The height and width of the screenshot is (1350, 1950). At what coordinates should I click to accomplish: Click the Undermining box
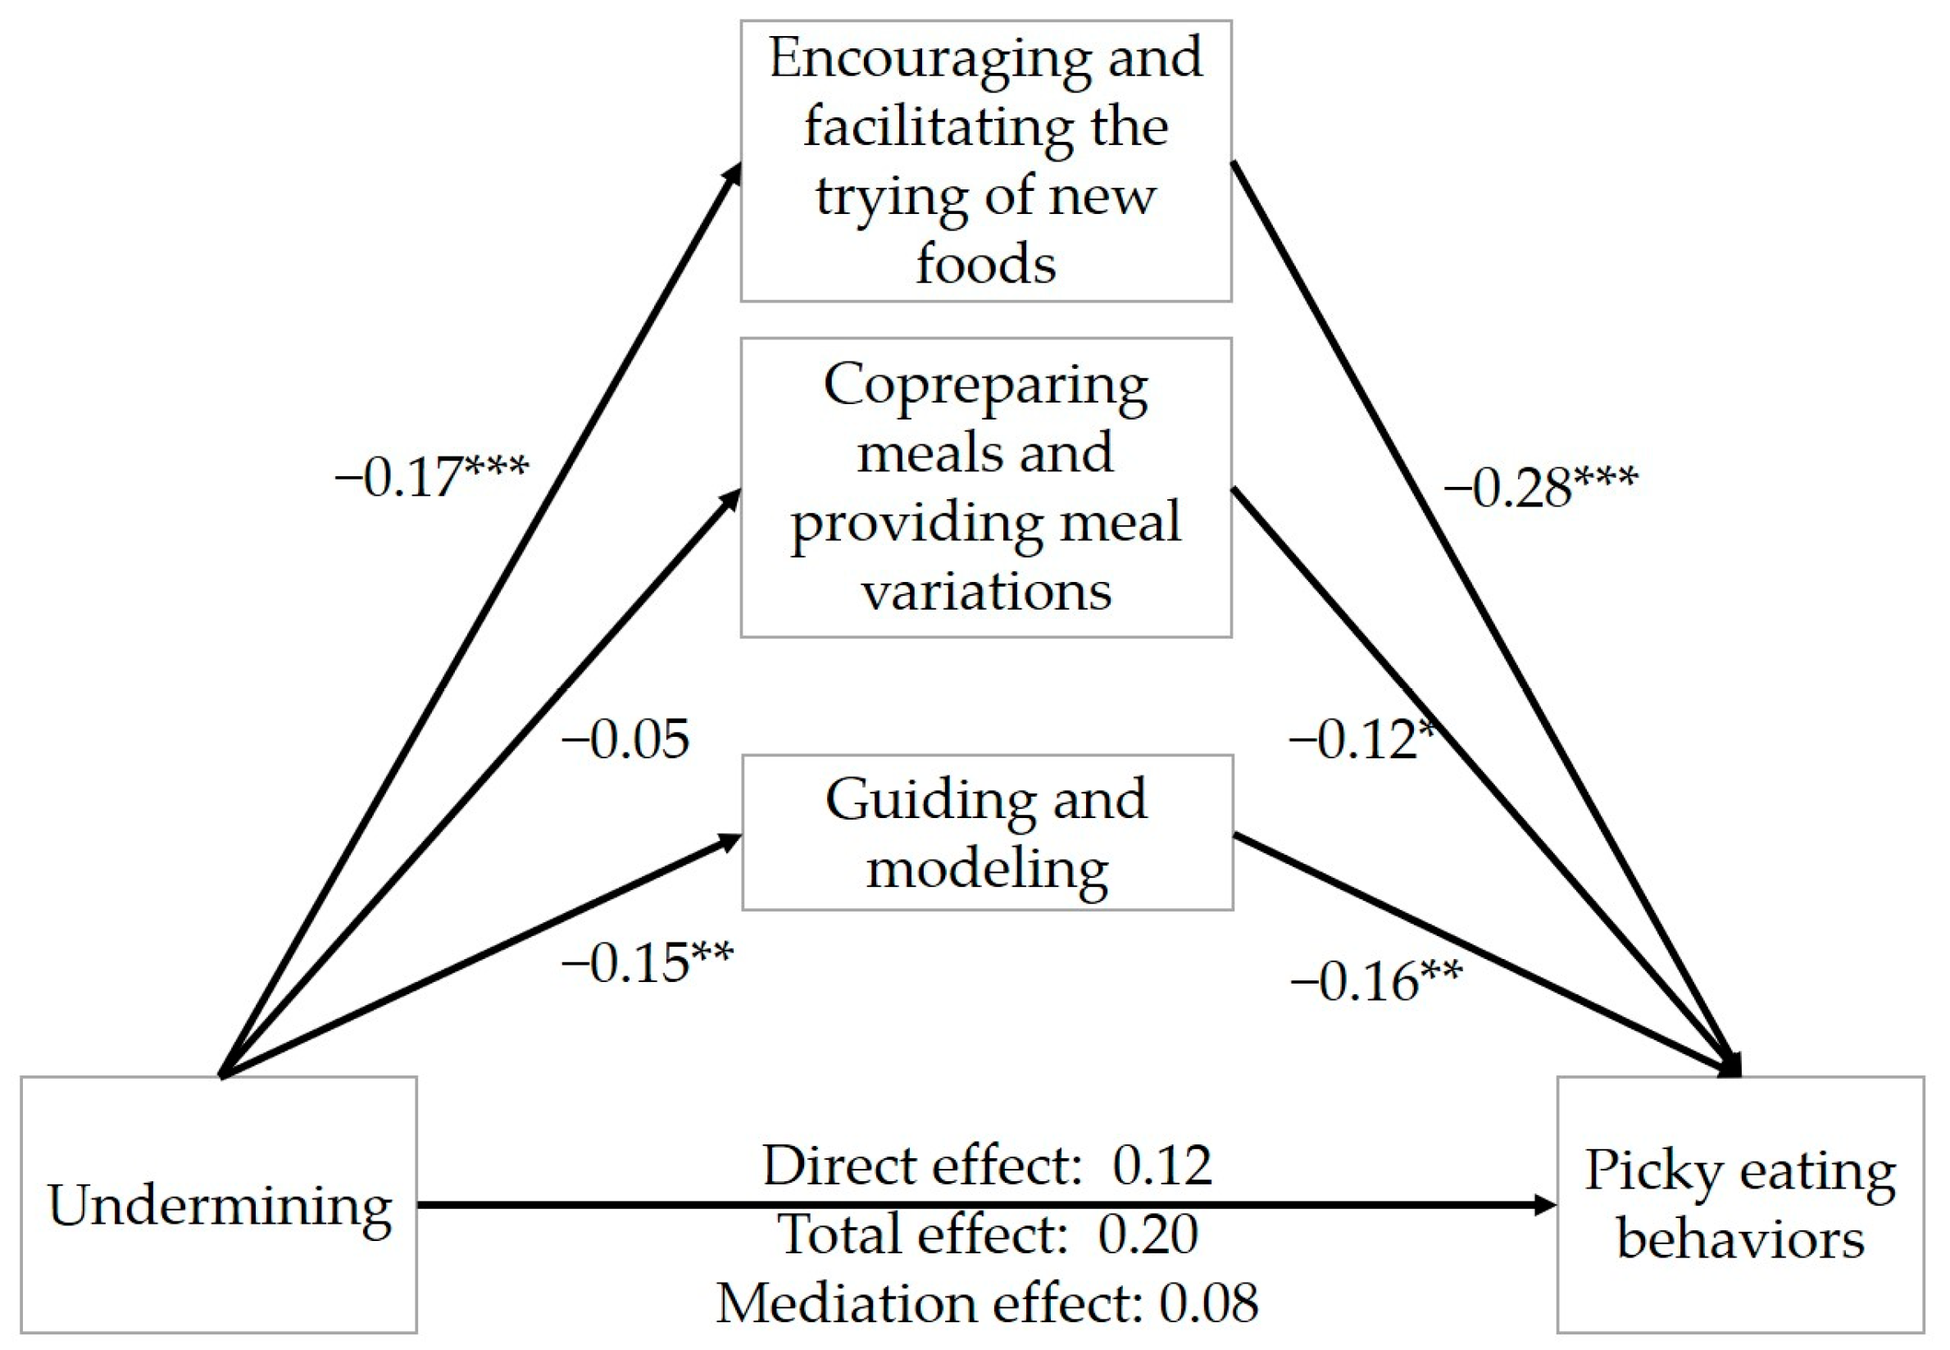click(219, 1205)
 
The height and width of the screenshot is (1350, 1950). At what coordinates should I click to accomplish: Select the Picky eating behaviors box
click(1739, 1205)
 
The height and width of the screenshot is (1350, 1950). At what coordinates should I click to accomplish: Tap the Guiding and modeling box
click(987, 833)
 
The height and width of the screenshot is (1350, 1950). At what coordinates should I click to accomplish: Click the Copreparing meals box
click(986, 487)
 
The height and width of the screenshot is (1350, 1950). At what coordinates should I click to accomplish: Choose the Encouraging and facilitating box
click(986, 161)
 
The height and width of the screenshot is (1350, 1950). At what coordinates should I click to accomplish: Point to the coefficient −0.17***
click(431, 476)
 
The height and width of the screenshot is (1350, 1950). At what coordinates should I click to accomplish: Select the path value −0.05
click(625, 740)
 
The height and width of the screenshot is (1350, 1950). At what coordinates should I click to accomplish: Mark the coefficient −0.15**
click(648, 962)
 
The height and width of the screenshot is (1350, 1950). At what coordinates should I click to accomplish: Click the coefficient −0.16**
click(1376, 982)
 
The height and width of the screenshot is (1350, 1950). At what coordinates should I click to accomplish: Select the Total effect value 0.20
click(1148, 1234)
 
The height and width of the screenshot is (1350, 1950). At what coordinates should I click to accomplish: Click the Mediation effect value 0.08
click(1208, 1302)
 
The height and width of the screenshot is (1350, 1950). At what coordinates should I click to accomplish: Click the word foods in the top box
click(986, 264)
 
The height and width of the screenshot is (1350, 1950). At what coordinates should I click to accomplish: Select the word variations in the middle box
click(986, 590)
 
